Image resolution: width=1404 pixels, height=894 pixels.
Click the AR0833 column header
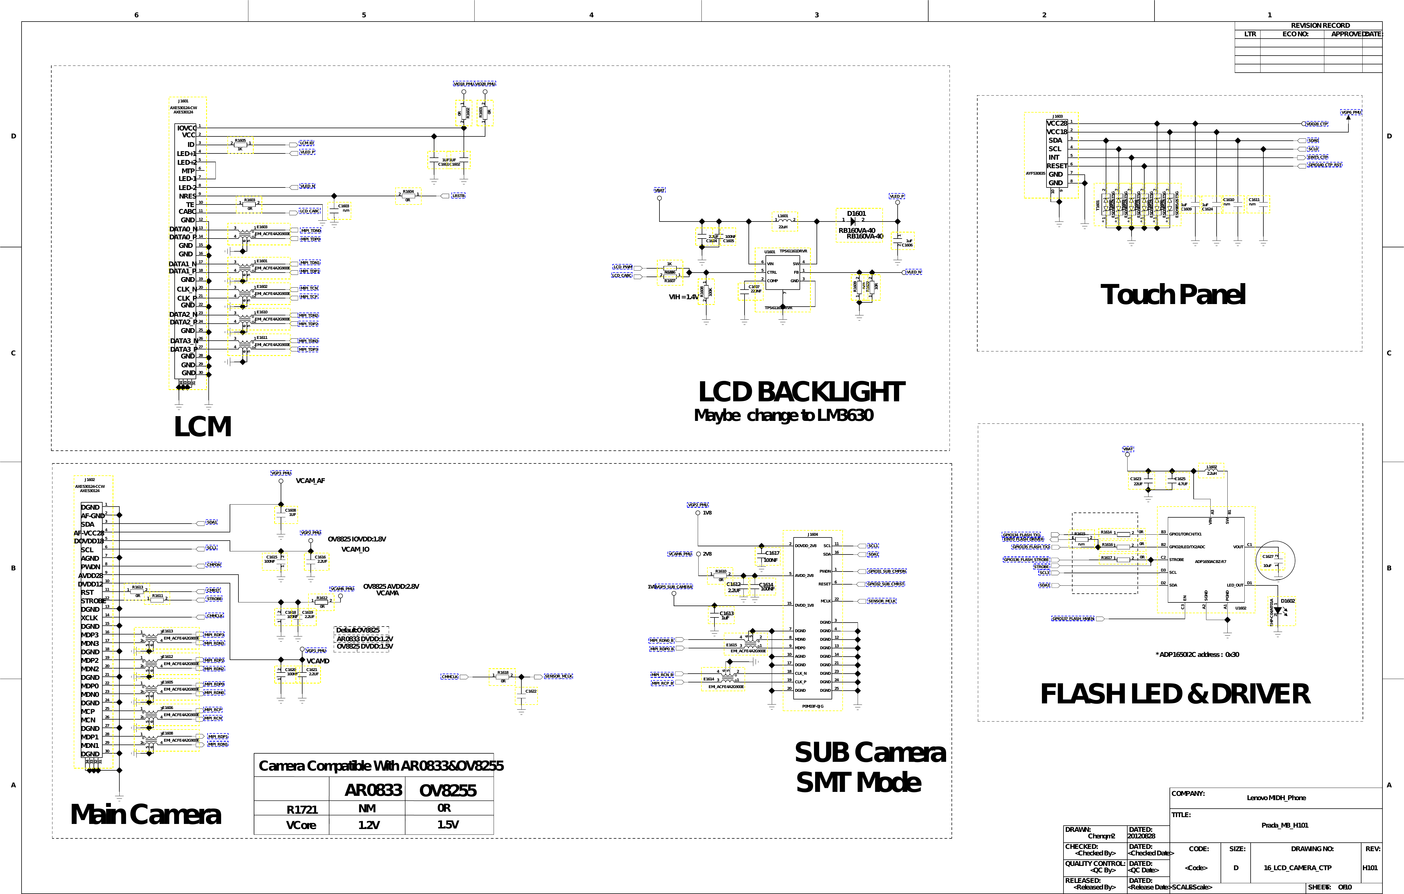[x=373, y=790]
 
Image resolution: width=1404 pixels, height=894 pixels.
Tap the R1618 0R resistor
[x=503, y=676]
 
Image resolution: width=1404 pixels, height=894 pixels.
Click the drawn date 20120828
[x=1141, y=836]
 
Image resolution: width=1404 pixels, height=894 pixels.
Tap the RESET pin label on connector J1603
[x=1056, y=166]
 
